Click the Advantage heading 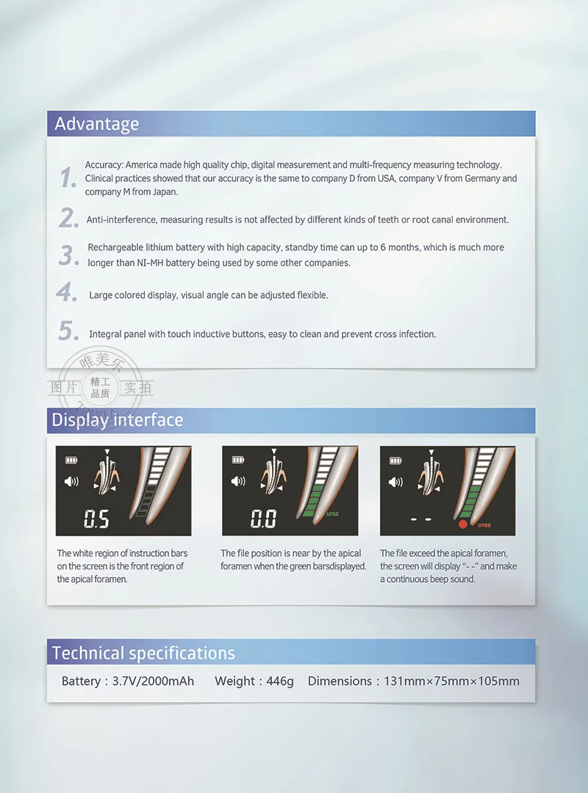coord(96,124)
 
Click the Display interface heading coord(117,420)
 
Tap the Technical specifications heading coord(143,653)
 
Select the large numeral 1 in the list coord(67,177)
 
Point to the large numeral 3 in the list coord(68,255)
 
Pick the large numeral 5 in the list coord(68,331)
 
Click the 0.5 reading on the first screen coord(96,519)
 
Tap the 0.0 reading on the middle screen coord(263,519)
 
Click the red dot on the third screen coord(462,524)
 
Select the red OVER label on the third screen coord(484,525)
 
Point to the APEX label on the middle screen coord(332,513)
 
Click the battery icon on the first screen coord(71,460)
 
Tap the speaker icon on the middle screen coord(238,481)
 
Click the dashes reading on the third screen coord(421,519)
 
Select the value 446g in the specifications coord(280,681)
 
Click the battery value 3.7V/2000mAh coord(153,681)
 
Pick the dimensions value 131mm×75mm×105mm coord(451,681)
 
